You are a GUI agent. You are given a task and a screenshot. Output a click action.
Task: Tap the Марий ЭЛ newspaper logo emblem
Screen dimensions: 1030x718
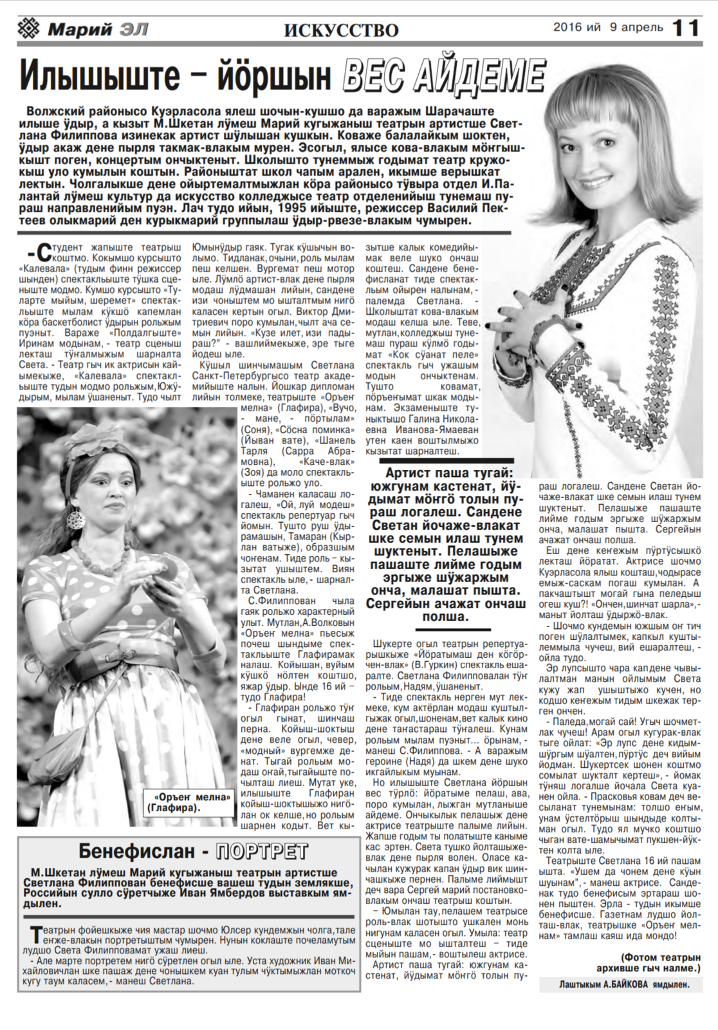click(30, 29)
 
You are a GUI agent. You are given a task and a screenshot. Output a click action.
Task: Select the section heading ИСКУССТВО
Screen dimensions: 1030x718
click(340, 30)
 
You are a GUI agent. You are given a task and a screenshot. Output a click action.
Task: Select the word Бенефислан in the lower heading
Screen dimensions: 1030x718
click(136, 851)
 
